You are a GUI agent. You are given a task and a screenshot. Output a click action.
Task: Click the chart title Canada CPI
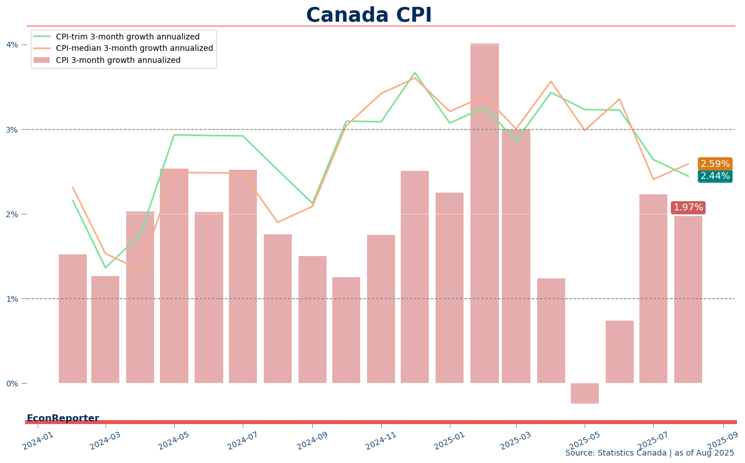click(x=369, y=15)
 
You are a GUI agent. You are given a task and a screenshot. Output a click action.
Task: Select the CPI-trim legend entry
click(x=127, y=37)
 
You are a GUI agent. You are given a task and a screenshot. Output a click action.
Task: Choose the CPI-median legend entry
click(x=134, y=49)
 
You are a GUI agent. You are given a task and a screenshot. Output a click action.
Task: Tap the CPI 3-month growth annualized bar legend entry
click(x=118, y=60)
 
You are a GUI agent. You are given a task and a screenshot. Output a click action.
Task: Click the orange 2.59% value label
click(x=715, y=164)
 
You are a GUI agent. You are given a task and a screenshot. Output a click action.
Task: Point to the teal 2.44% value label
click(x=715, y=176)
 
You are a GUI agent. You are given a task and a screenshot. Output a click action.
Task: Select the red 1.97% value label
click(x=688, y=207)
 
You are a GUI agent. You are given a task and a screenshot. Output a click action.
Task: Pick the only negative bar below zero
click(x=585, y=393)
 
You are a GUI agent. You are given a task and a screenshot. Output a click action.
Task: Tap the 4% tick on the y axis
click(x=12, y=45)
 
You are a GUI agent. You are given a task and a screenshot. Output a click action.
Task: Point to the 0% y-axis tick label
click(x=12, y=384)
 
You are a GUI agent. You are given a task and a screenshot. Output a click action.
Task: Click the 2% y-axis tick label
click(x=12, y=214)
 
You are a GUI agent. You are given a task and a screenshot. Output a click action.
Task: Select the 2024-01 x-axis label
click(x=38, y=441)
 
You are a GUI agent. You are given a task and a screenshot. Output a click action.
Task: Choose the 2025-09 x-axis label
click(x=723, y=441)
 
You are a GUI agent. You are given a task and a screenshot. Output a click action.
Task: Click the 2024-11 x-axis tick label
click(x=381, y=441)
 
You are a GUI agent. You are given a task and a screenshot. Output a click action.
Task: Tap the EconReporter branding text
click(x=63, y=418)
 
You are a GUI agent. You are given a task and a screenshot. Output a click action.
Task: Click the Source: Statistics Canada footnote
click(x=649, y=453)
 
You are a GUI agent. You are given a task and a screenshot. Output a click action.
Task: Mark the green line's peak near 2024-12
click(x=414, y=73)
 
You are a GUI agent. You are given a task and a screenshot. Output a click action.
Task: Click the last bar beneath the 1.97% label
click(x=688, y=300)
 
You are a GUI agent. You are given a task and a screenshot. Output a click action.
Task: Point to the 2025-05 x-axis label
click(x=585, y=441)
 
